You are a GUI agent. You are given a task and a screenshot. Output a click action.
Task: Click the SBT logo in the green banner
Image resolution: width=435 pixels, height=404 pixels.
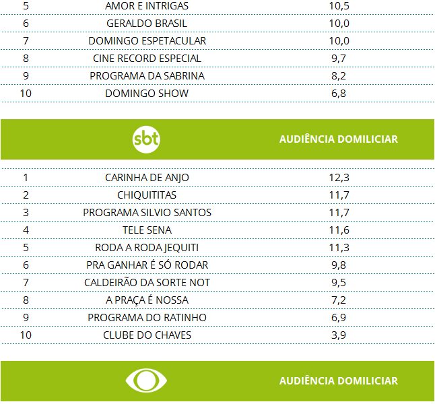[x=147, y=139]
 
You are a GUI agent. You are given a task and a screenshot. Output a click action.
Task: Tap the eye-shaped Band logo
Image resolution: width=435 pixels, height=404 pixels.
[x=147, y=381]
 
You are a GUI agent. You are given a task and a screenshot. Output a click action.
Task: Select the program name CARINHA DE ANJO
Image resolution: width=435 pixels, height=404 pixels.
[x=147, y=178]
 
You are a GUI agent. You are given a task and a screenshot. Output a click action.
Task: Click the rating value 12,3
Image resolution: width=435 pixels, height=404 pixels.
[x=339, y=178]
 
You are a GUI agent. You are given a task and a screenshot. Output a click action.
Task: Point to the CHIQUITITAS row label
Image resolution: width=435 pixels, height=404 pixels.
[x=147, y=195]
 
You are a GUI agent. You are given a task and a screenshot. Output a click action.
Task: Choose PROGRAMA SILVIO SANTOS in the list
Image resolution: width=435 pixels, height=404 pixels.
[x=147, y=213]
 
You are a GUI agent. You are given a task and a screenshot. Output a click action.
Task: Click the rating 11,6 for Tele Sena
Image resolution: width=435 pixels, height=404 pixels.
[x=339, y=230]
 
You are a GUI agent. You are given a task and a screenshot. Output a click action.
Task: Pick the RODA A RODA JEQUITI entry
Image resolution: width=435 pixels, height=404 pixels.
[x=147, y=248]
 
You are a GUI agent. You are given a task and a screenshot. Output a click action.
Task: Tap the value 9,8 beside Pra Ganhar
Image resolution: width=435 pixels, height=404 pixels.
[x=339, y=265]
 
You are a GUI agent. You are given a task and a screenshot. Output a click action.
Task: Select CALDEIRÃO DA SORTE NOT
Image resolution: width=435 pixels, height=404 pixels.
[x=147, y=283]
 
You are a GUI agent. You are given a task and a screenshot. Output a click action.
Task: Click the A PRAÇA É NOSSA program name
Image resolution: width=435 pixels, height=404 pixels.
[x=147, y=300]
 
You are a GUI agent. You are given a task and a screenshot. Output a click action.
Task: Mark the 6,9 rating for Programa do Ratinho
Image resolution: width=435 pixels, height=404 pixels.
[x=339, y=318]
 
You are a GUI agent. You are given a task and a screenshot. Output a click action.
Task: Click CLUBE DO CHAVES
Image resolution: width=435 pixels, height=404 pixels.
[x=147, y=335]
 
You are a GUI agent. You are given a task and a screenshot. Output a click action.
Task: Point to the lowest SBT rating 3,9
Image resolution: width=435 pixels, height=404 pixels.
[x=339, y=335]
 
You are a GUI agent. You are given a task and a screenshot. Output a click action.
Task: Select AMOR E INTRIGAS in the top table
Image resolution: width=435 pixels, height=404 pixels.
[x=147, y=6]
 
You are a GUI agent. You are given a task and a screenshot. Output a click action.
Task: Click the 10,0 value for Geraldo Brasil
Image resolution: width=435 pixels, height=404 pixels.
[x=339, y=24]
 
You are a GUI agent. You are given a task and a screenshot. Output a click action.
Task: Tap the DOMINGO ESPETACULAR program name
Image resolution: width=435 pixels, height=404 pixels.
[x=147, y=41]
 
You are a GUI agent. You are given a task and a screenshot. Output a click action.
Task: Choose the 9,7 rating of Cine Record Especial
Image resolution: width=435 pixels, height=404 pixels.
[x=339, y=59]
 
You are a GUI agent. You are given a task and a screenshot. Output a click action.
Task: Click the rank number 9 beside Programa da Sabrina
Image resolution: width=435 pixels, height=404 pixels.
[x=26, y=76]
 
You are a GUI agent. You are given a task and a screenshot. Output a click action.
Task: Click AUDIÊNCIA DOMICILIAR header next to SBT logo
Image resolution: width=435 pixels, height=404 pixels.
[x=339, y=139]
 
